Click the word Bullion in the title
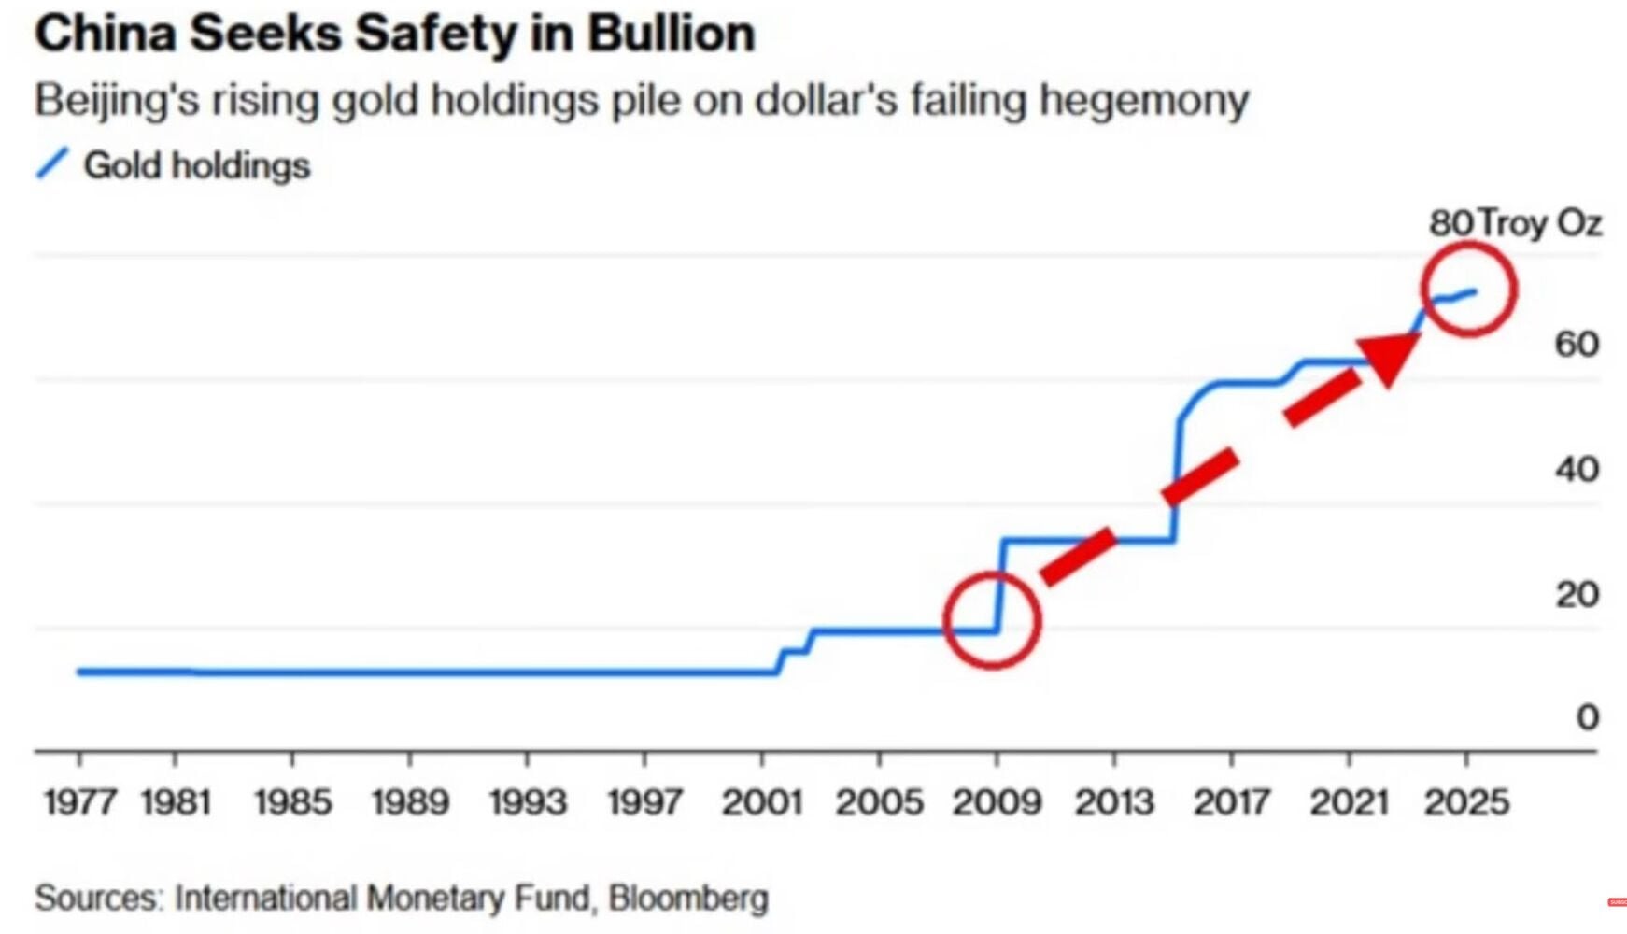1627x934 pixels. [671, 35]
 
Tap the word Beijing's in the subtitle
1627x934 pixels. [117, 100]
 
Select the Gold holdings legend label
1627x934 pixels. [196, 165]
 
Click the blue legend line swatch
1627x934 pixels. [52, 163]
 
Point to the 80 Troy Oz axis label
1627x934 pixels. [1514, 223]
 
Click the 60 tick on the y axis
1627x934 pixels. [1577, 345]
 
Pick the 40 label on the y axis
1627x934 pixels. [1577, 469]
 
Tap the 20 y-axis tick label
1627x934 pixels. [1577, 594]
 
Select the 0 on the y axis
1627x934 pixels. [1587, 717]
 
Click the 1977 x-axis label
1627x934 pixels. [79, 802]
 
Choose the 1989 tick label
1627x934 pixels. [410, 802]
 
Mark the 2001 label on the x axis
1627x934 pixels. [762, 802]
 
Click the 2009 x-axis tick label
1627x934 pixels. [997, 802]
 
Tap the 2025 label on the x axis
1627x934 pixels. [1466, 802]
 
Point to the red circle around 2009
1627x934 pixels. [992, 620]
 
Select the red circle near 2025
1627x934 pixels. [1468, 289]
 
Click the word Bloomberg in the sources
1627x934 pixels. [688, 898]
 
